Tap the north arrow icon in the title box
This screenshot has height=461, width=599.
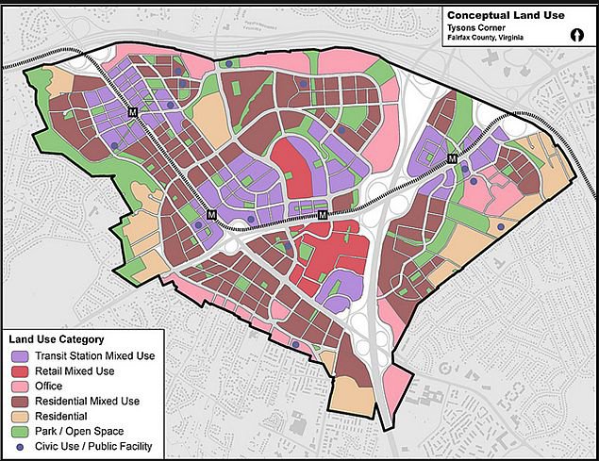(x=574, y=34)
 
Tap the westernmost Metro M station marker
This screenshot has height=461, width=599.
(x=133, y=113)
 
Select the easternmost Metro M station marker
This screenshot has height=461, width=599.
(x=453, y=157)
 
